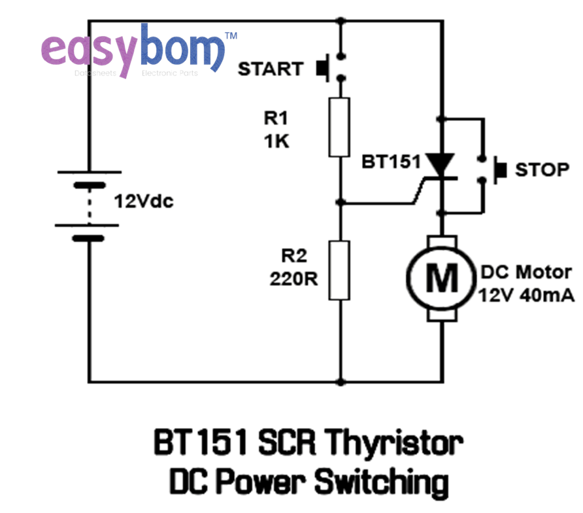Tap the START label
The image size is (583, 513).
271,69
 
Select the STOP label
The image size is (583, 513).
542,169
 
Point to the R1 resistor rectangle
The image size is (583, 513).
339,127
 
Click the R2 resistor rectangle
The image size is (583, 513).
339,270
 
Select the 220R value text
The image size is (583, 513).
294,279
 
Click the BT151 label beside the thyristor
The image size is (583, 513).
391,162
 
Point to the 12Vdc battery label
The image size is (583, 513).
144,202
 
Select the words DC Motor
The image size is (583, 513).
526,272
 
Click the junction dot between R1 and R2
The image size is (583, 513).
339,202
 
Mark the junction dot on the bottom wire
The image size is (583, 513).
339,381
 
